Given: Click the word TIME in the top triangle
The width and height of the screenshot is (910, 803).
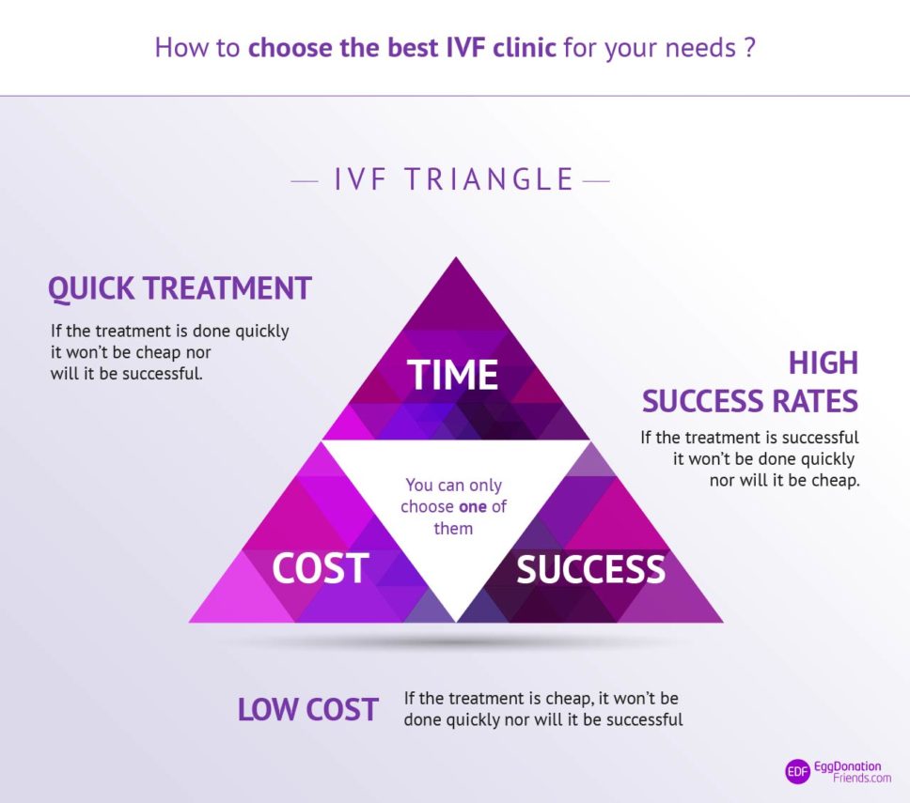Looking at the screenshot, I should coord(453,375).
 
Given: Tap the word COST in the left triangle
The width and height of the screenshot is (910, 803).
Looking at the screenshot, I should coord(320,569).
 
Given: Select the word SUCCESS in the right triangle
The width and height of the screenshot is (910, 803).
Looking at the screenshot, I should coord(590,569).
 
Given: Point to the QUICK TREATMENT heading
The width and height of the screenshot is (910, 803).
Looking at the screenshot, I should coord(180,288).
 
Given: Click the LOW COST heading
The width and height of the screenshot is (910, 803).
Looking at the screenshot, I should coord(307,710).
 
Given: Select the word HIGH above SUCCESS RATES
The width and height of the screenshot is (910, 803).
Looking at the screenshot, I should coord(824,363).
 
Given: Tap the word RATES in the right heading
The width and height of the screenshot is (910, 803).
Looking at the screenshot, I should coord(816,402).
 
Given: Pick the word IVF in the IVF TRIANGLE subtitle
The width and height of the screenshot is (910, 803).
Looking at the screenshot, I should coord(362,179).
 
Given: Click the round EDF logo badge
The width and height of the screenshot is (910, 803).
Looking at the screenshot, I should coord(797,771).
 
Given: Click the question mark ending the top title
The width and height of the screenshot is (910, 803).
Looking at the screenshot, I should coord(749,48).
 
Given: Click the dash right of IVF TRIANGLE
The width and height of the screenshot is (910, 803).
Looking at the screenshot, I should coord(596,179).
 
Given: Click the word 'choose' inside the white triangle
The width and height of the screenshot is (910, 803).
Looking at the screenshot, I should coord(428,507).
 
